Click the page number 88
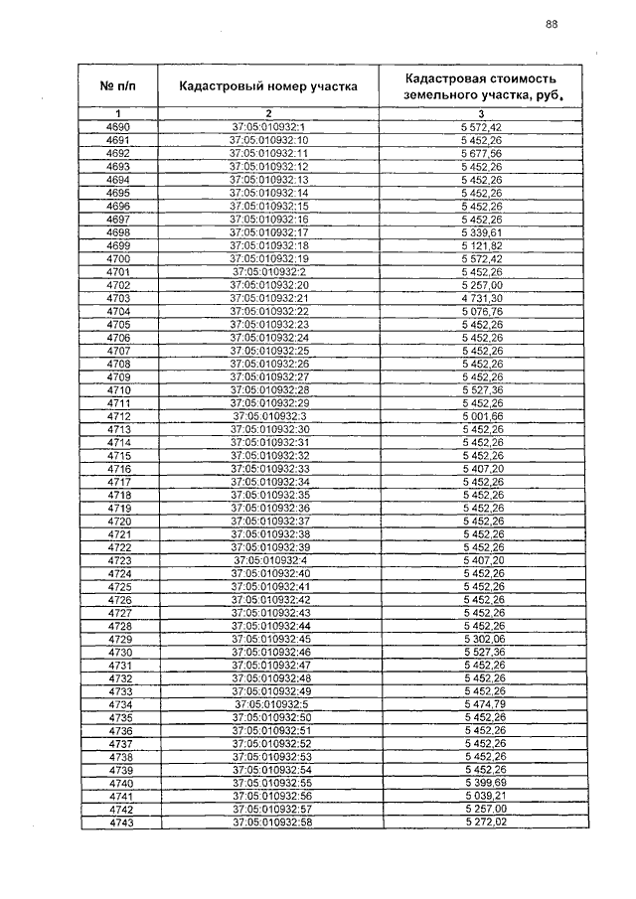click(551, 26)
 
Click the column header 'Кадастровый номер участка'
click(267, 86)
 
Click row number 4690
click(117, 128)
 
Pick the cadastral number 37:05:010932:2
click(268, 270)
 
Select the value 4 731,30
click(482, 296)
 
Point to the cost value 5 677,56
click(482, 154)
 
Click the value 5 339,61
click(482, 231)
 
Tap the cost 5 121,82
click(482, 244)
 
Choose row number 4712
click(119, 415)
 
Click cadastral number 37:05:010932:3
click(268, 415)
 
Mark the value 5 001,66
click(482, 415)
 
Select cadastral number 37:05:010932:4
click(268, 560)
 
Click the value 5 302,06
click(482, 638)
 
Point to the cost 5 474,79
click(482, 703)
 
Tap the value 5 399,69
click(482, 783)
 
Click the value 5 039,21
click(482, 796)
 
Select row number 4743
click(119, 823)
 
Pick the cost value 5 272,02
click(482, 823)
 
